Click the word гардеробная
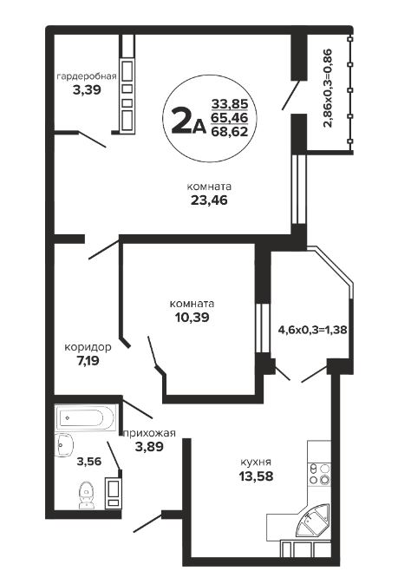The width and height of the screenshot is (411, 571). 87,76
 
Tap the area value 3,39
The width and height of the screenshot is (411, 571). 87,90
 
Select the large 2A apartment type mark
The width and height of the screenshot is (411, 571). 187,121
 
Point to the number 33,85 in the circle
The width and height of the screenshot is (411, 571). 230,104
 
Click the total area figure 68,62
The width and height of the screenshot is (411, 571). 230,131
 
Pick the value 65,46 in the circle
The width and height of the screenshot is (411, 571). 230,118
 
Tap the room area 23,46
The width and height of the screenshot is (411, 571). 209,200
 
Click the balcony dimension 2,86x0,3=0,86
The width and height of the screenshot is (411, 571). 328,88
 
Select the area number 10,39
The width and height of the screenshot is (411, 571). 192,318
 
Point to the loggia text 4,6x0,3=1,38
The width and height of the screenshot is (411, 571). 312,330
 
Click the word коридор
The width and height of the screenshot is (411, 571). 88,347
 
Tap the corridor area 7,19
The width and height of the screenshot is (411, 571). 88,361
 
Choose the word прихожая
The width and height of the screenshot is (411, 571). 150,433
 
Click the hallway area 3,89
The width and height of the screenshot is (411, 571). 149,446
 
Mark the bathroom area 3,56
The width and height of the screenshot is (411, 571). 89,462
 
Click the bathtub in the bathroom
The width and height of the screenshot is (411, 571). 86,417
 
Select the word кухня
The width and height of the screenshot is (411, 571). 256,463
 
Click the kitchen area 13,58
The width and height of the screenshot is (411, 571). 256,476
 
